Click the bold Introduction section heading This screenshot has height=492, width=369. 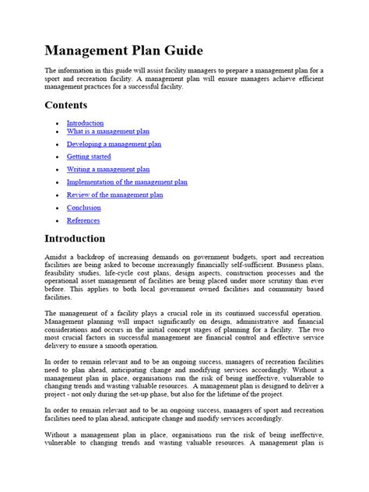[x=85, y=238]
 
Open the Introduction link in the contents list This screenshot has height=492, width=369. [x=85, y=123]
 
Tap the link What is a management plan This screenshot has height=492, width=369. [x=107, y=132]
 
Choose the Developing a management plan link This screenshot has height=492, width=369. [x=114, y=144]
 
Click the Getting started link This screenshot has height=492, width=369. [x=89, y=156]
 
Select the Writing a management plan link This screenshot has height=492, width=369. [x=108, y=169]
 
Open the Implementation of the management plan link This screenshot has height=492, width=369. [x=127, y=182]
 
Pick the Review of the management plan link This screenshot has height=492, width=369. [x=114, y=195]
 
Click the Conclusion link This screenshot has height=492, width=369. [x=83, y=208]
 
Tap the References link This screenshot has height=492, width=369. [x=83, y=220]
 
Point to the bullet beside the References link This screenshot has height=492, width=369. [x=57, y=221]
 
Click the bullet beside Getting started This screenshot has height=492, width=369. [x=57, y=157]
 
